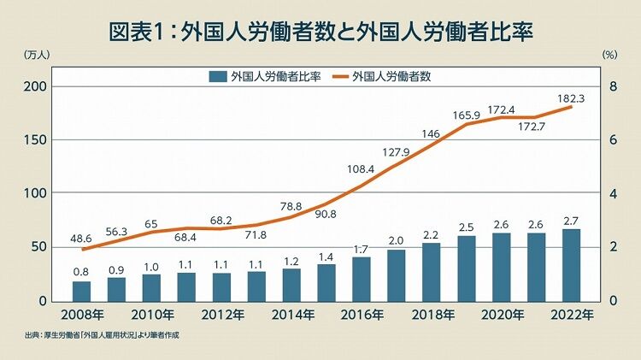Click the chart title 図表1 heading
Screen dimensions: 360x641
click(320, 32)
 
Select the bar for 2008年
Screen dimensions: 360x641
click(81, 291)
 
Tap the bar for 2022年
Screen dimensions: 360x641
click(571, 265)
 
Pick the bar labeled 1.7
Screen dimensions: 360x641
click(362, 279)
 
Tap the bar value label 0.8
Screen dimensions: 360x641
click(81, 273)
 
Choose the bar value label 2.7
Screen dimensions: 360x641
click(571, 221)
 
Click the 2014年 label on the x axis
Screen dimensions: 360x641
click(291, 315)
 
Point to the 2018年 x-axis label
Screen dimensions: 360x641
click(432, 315)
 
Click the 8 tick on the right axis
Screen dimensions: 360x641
click(611, 86)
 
